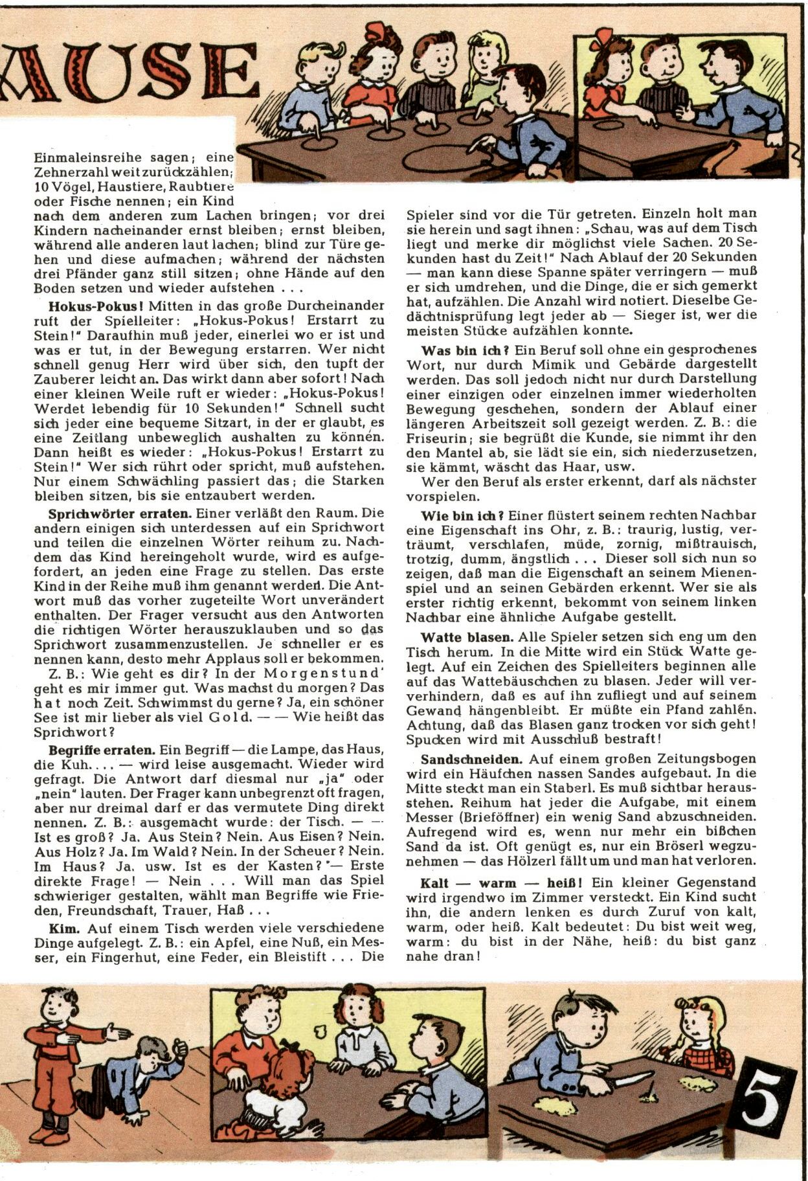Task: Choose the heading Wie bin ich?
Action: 462,516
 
